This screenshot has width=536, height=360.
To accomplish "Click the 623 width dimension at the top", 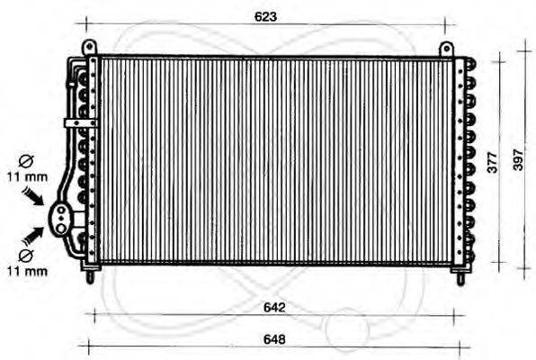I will pyautogui.click(x=265, y=17).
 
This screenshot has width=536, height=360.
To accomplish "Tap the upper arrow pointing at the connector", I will pyautogui.click(x=36, y=195).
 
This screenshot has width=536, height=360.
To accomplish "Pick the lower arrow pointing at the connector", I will pyautogui.click(x=35, y=235).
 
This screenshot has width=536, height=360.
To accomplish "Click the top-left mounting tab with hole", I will pyautogui.click(x=87, y=47).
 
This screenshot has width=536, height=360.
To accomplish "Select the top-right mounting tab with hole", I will pyautogui.click(x=446, y=48).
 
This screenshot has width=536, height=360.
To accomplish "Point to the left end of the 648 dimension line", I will pyautogui.click(x=81, y=346).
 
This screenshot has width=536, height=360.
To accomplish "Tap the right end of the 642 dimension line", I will pyautogui.click(x=455, y=316).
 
